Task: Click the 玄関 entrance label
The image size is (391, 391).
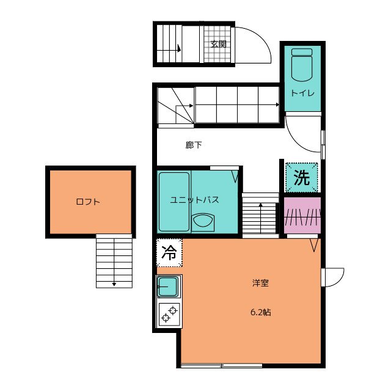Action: click(x=219, y=44)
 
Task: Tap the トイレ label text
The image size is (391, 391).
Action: click(x=302, y=93)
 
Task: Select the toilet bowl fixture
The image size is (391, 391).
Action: click(x=302, y=65)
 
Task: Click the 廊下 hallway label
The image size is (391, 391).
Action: click(x=194, y=145)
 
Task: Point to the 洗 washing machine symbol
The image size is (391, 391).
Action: click(x=302, y=178)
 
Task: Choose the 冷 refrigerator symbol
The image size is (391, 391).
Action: click(x=169, y=252)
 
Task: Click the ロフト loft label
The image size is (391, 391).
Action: click(x=88, y=202)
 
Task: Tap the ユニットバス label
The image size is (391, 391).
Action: click(x=194, y=200)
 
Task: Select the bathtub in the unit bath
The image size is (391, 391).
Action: click(x=174, y=202)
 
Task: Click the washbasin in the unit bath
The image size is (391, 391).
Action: click(x=203, y=222)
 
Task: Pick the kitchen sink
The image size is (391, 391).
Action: click(x=169, y=287)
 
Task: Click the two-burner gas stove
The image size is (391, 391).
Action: click(x=169, y=315)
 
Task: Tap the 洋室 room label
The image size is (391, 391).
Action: click(x=260, y=283)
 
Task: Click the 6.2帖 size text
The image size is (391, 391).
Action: click(x=261, y=312)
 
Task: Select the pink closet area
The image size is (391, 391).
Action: click(x=302, y=216)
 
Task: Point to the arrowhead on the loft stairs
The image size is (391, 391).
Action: click(x=114, y=284)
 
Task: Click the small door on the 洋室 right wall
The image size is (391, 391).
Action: click(x=332, y=277)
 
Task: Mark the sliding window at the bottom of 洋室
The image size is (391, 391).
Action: click(x=221, y=365)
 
